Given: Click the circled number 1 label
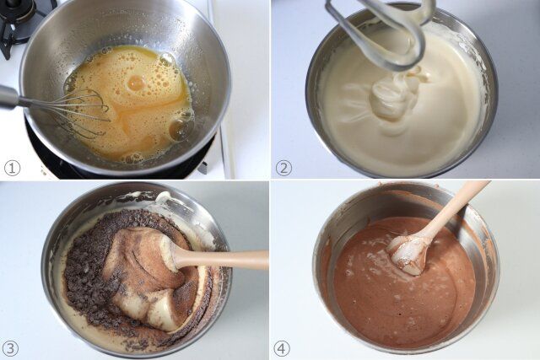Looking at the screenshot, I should [x=12, y=168].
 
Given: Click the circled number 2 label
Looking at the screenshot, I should [x=283, y=168].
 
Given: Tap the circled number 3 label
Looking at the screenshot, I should [x=11, y=348].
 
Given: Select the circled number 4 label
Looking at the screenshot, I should [x=282, y=348].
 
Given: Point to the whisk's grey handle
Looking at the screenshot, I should [x=8, y=97].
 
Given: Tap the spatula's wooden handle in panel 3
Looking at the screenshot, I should [x=228, y=260].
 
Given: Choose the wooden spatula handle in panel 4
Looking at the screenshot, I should [x=456, y=207].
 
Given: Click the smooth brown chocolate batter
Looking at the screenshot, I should [x=397, y=304].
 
